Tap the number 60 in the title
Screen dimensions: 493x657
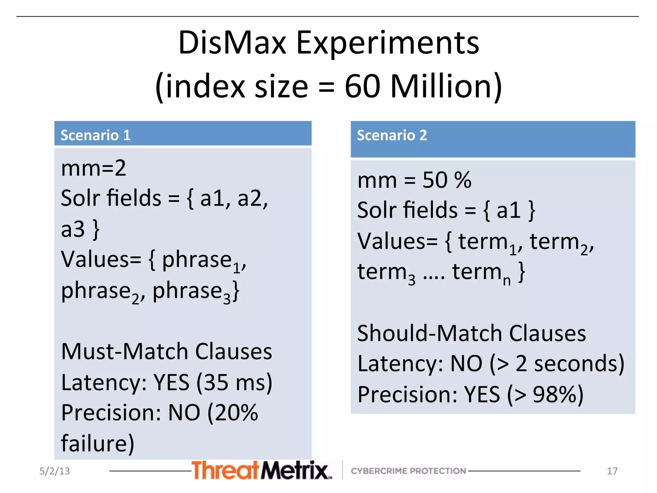pos(363,86)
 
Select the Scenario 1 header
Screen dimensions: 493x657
pos(96,135)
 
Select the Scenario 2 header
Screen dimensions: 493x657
pos(392,135)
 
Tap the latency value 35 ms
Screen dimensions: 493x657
pos(234,382)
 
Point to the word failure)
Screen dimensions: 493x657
pos(98,443)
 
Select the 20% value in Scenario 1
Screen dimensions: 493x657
pos(236,413)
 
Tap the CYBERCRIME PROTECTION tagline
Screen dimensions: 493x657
pos(408,471)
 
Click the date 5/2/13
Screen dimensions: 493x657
pos(55,471)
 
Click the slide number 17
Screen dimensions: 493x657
pos(612,471)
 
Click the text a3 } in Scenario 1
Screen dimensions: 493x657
pos(80,229)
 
